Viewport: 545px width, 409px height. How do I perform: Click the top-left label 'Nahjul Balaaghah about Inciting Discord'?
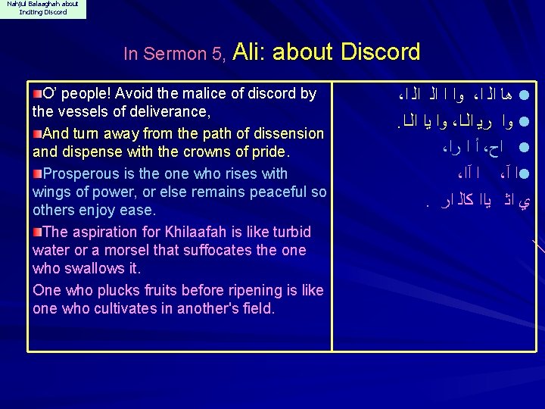click(42, 8)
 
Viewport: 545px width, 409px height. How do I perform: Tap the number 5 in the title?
click(219, 55)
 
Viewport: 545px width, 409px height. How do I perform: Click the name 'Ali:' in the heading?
click(250, 52)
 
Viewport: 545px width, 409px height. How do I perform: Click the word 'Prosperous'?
click(79, 173)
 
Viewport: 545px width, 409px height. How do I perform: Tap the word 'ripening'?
click(230, 290)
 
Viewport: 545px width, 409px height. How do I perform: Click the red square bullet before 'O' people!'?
click(37, 93)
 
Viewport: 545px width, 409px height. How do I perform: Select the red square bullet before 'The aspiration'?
click(37, 231)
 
